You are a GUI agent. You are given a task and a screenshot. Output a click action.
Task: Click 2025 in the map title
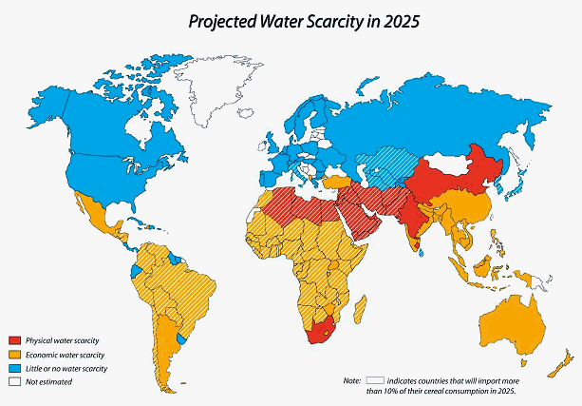click(399, 18)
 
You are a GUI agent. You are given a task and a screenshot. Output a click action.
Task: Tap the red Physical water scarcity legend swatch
click(14, 340)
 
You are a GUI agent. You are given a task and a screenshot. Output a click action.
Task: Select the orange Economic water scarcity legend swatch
click(14, 354)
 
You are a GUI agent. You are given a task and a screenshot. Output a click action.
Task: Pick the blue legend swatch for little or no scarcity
click(14, 368)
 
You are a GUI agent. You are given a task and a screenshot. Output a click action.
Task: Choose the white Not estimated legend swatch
click(14, 381)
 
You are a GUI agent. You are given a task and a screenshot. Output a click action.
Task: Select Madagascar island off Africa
click(360, 309)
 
